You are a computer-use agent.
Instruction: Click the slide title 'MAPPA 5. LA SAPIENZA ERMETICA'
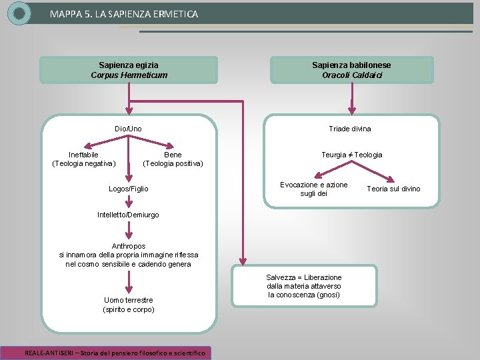123,13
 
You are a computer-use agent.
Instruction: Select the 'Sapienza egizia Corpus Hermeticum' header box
129,70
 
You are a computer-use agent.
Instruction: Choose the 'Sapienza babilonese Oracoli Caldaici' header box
351,70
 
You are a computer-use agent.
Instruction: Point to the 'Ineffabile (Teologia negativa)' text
83,159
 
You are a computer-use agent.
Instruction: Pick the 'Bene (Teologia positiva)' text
173,159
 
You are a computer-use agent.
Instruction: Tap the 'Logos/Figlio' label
129,189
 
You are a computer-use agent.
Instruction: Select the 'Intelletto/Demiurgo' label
129,215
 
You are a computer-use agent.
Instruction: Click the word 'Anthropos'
129,246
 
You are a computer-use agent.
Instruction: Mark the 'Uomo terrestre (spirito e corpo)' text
129,305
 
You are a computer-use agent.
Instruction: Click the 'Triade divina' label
350,129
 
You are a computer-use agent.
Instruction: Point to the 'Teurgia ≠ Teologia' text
352,155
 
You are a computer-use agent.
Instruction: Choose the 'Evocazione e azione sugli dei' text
313,189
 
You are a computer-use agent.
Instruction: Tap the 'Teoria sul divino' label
393,189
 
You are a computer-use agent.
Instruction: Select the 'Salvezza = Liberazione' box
304,286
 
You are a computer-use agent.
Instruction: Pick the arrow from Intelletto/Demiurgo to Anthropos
129,230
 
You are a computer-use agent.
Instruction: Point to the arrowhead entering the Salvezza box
243,261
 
